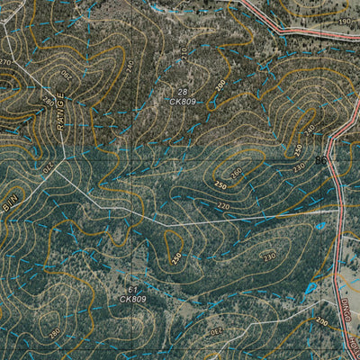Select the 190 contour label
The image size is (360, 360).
coord(346,20)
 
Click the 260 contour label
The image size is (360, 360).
coord(236,172)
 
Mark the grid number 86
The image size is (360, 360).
coord(321,160)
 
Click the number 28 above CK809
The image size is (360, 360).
coord(182,93)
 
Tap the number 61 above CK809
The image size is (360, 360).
coord(132,289)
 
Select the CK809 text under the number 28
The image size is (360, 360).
coord(182,102)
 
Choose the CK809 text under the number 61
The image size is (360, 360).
coord(132,298)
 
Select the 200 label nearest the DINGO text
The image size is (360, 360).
coord(322,321)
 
